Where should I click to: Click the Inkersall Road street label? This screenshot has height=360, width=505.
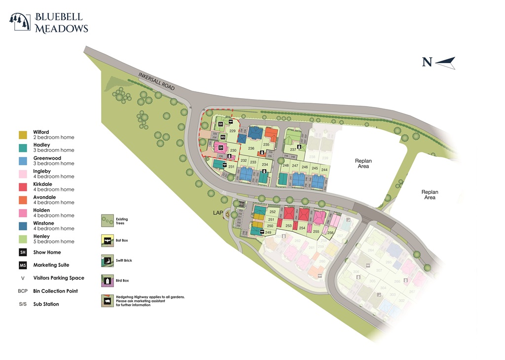(x=157, y=81)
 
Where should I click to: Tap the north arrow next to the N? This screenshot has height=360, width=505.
(x=445, y=62)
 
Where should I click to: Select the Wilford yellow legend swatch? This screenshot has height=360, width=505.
(x=23, y=135)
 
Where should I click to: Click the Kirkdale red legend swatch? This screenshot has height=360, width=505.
(x=23, y=187)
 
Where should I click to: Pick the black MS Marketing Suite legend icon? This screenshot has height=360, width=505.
(x=23, y=265)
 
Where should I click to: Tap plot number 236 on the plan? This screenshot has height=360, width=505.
(x=251, y=148)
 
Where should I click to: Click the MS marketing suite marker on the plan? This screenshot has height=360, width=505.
(x=223, y=137)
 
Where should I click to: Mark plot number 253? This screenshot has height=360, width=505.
(x=289, y=225)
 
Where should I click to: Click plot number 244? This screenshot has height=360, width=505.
(x=324, y=170)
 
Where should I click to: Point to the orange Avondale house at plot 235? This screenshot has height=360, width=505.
(x=270, y=134)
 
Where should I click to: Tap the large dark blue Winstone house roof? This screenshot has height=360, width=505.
(x=254, y=133)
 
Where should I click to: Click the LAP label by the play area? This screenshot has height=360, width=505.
(x=219, y=214)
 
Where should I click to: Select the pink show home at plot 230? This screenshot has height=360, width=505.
(x=220, y=147)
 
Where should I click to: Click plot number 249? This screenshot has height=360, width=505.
(x=268, y=232)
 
